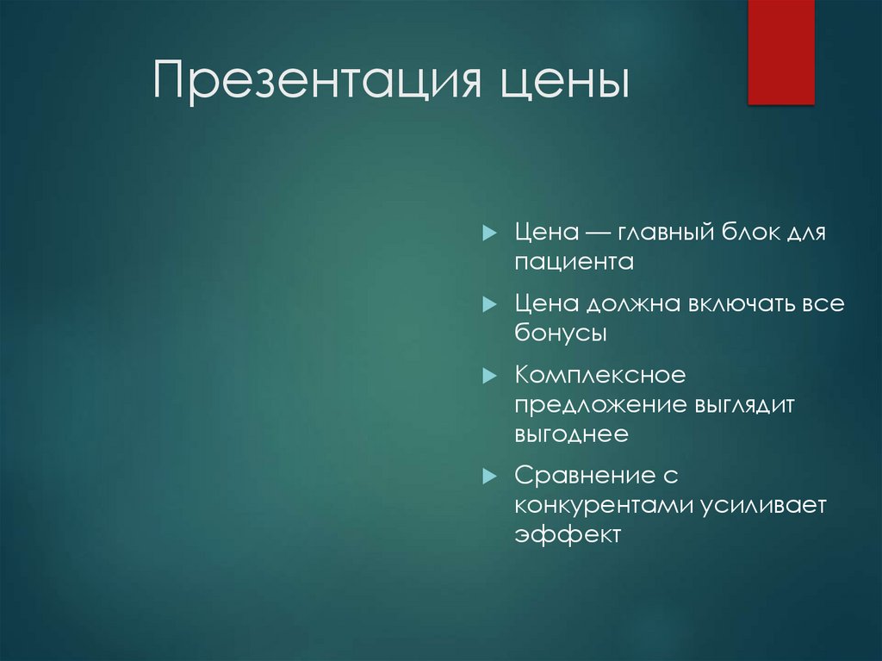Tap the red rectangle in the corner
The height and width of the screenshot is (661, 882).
pos(780,52)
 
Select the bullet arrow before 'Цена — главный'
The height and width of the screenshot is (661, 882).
pos(488,233)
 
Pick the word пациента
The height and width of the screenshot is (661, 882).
pos(574,262)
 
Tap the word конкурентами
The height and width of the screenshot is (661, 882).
pos(599,505)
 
